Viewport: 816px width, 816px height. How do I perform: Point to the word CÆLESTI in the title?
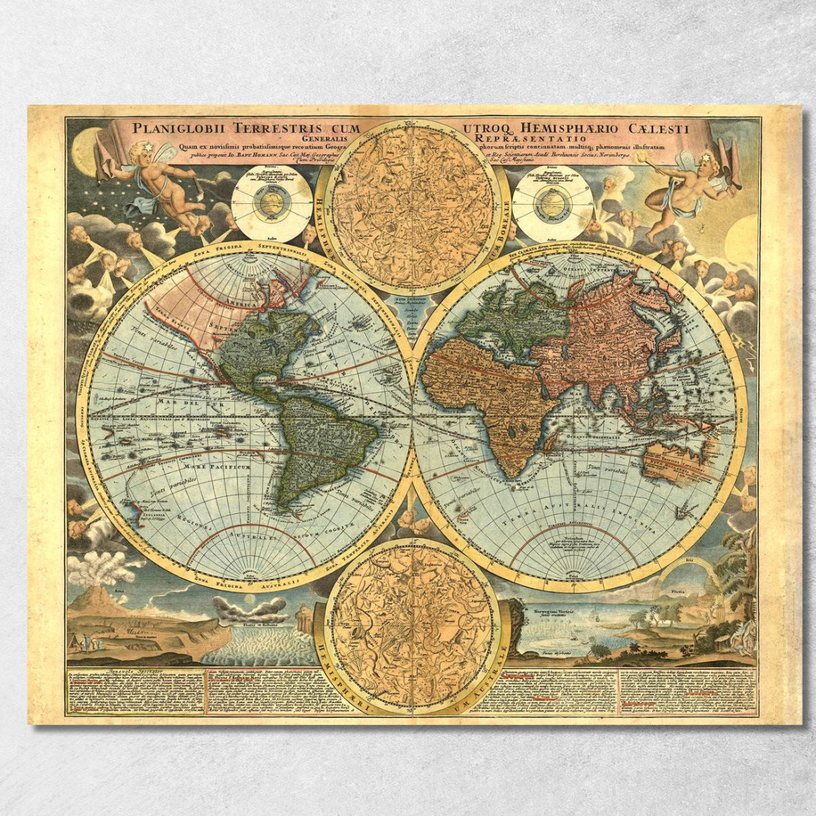[x=662, y=128]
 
